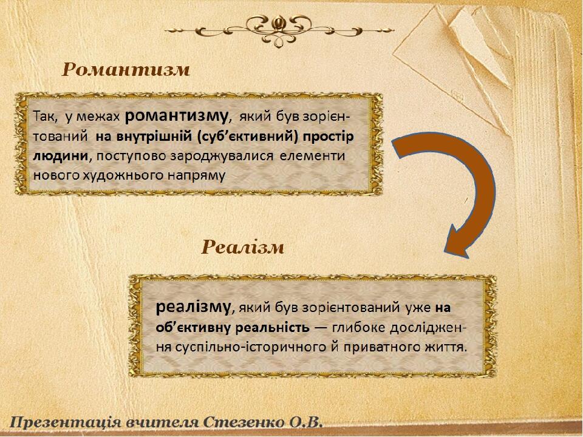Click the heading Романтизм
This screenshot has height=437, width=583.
click(126, 69)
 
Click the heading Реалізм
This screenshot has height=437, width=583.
click(243, 247)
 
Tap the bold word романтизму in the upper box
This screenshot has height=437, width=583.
click(176, 117)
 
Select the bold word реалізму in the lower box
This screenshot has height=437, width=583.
click(193, 307)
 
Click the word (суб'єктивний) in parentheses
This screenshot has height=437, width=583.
click(247, 137)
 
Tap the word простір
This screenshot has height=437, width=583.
click(328, 137)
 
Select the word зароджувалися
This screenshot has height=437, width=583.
click(222, 156)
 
